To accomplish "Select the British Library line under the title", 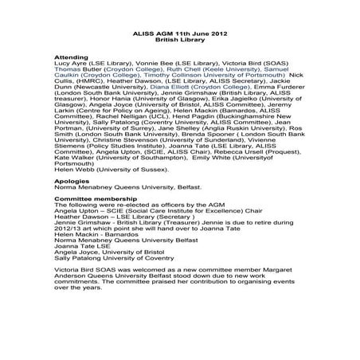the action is click(179, 43).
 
